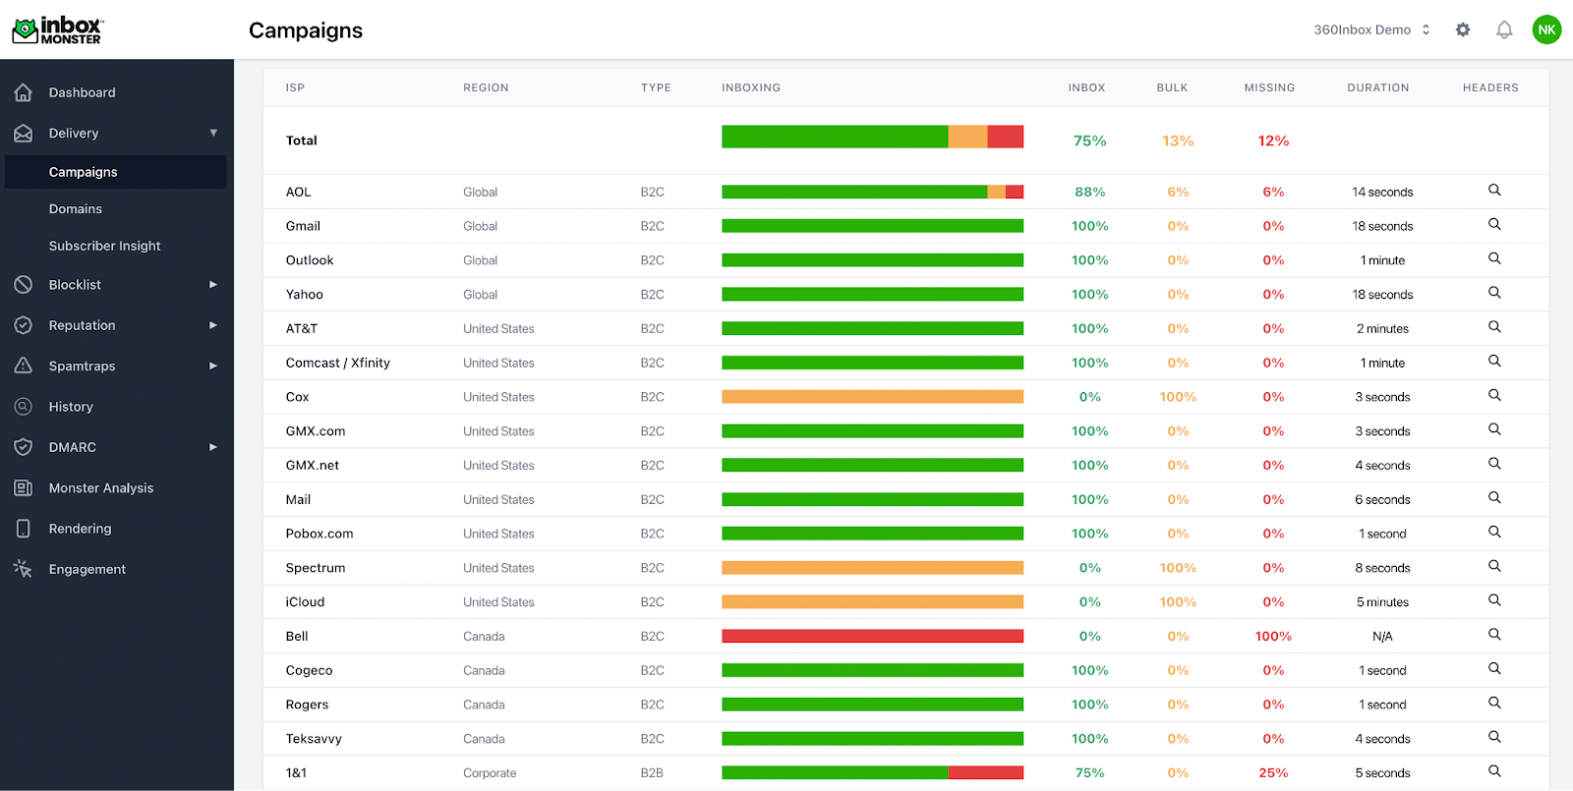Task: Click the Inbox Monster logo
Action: pos(57,30)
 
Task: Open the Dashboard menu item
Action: pos(82,92)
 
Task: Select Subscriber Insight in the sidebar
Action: pos(104,246)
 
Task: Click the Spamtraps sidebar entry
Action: pos(82,366)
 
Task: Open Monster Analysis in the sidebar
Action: pos(100,487)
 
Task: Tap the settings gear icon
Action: pos(1463,29)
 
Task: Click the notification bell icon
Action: pos(1504,29)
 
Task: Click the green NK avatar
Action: pos(1546,29)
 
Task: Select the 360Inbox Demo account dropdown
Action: pos(1371,29)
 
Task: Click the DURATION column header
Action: pos(1377,87)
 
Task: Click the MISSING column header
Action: pos(1269,87)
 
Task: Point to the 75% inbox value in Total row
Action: pos(1089,141)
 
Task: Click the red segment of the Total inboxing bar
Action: pos(1005,137)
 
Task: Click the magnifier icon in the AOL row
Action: pos(1494,190)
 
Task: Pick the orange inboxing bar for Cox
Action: pos(872,397)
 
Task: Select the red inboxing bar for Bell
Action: pos(872,636)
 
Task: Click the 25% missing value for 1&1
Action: pos(1273,772)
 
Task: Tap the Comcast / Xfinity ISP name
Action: pos(337,363)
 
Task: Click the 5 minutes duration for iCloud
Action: pos(1382,602)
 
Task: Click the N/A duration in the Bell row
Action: pos(1382,637)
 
